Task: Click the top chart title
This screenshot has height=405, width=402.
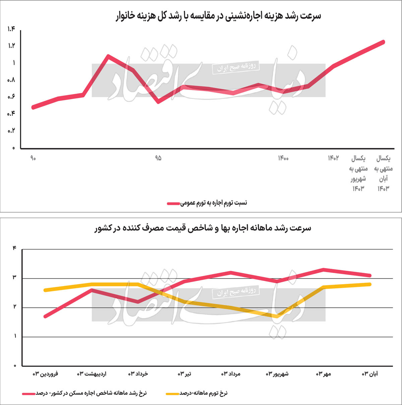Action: point(218,16)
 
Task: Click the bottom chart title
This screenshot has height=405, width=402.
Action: point(203,228)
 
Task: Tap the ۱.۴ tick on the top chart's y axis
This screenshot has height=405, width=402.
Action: point(11,29)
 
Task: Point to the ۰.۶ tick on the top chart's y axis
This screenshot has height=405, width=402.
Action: point(11,97)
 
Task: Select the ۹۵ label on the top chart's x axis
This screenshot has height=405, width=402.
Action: point(158,158)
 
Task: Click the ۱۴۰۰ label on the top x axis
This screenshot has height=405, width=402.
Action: point(283,158)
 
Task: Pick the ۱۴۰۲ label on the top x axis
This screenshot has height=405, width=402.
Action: point(333,158)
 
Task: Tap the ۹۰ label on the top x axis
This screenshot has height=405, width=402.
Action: point(33,158)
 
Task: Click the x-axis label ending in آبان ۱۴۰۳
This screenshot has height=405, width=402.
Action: point(383,173)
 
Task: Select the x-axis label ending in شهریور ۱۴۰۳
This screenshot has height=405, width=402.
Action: point(358,173)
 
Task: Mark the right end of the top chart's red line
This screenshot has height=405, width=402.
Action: point(383,42)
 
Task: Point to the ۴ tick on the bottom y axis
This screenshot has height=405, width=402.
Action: point(14,248)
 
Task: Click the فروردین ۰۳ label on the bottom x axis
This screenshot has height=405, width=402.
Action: point(45,374)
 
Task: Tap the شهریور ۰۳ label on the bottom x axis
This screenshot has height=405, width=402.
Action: point(277,374)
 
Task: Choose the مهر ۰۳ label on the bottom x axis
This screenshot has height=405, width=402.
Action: point(323,374)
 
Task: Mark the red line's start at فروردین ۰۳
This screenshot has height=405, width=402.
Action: point(45,316)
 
